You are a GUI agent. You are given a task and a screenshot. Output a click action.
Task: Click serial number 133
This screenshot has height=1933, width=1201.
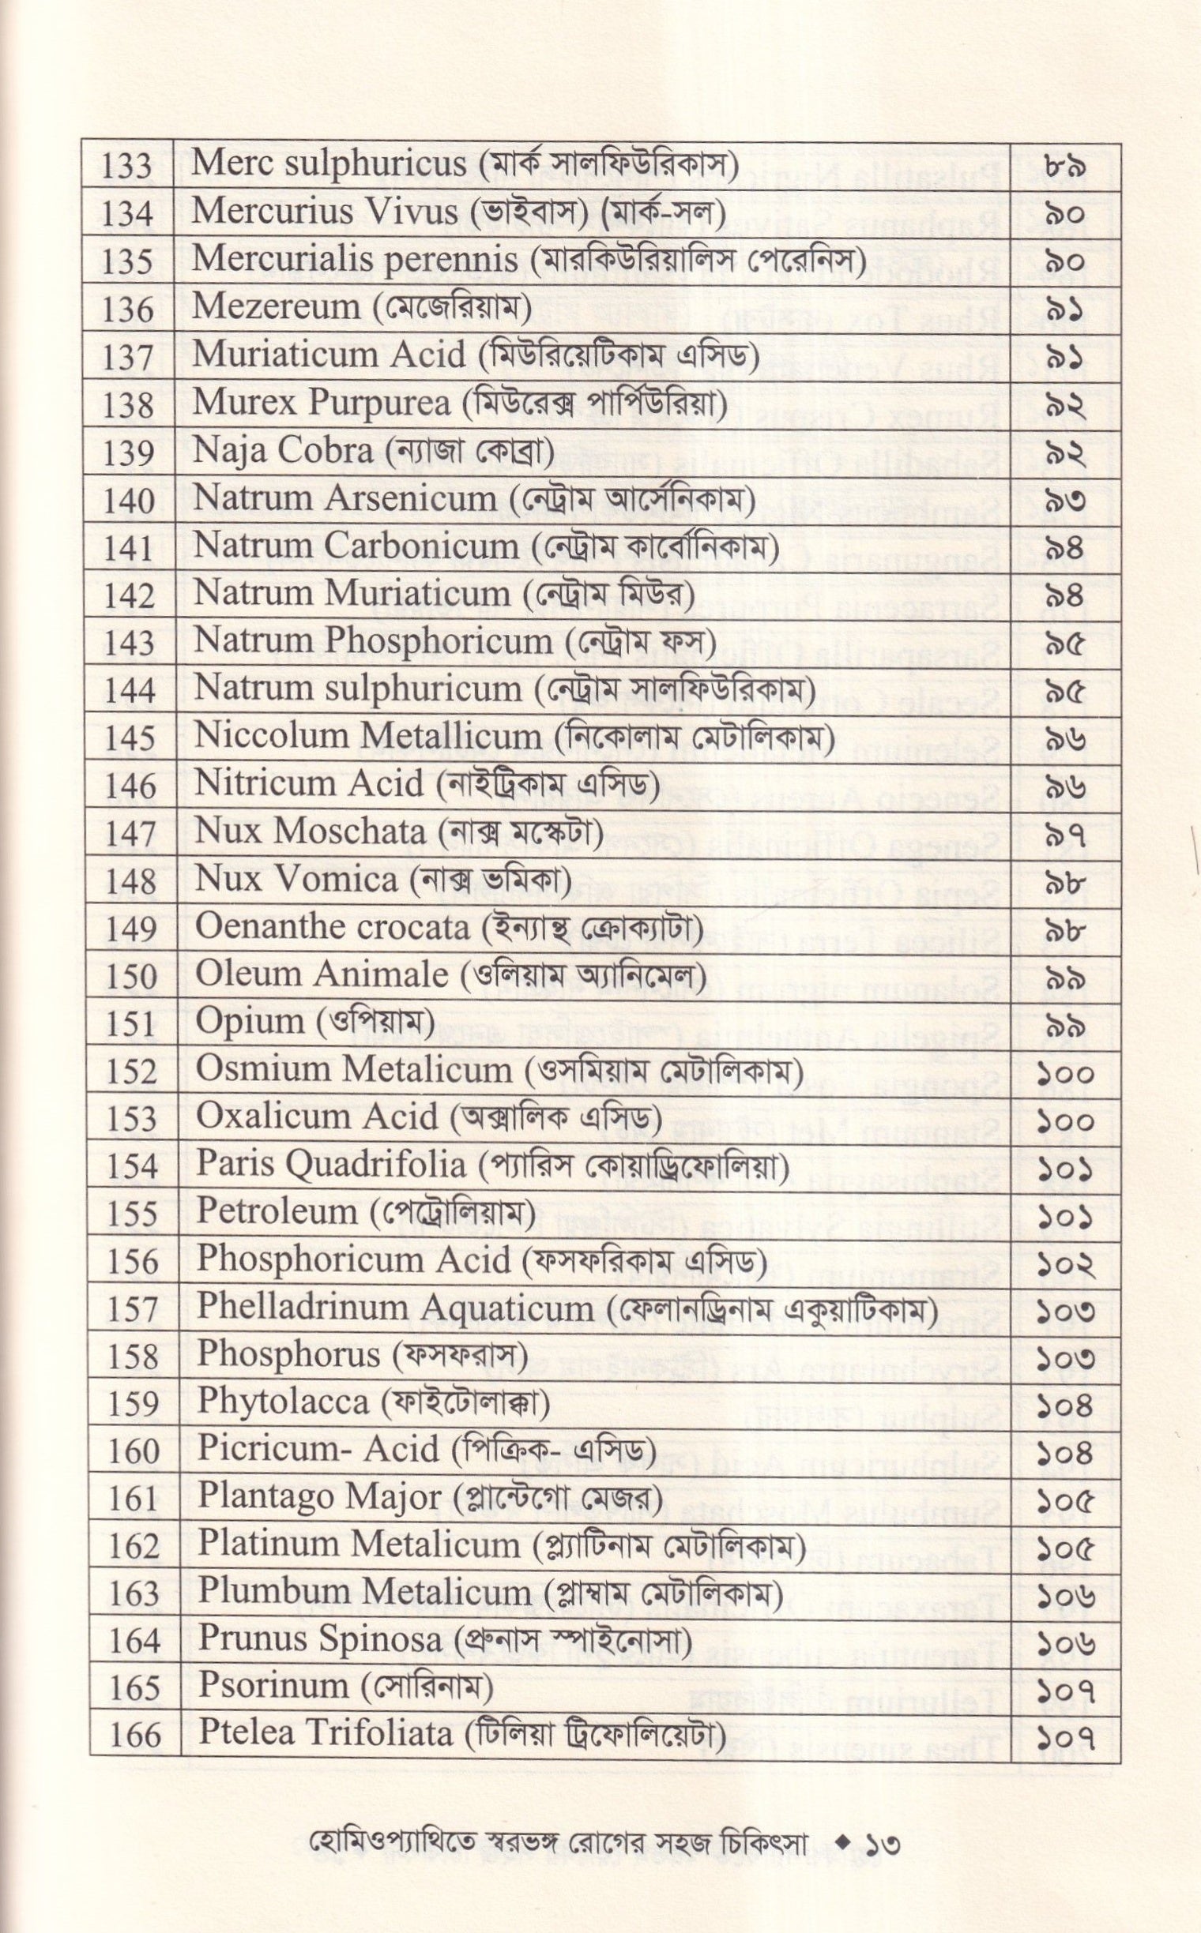tap(128, 167)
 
